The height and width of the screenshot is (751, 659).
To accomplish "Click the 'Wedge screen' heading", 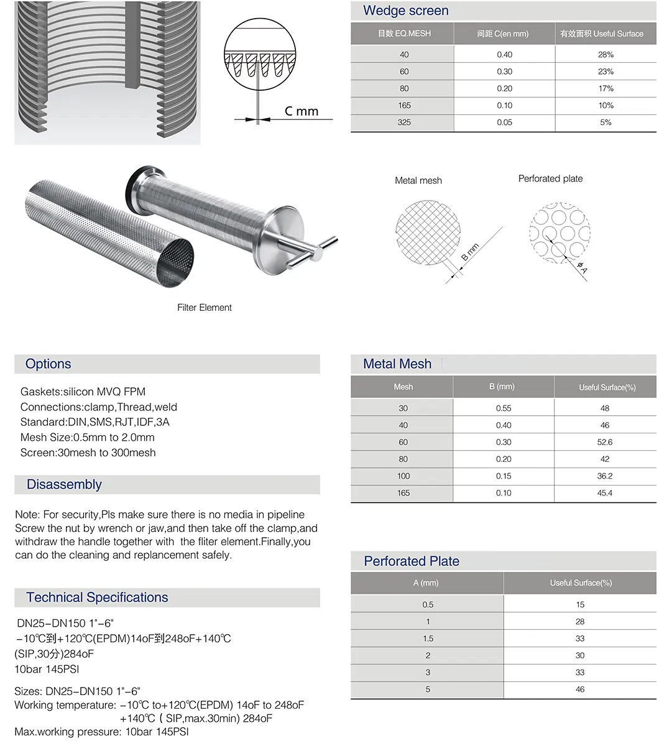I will pyautogui.click(x=405, y=11).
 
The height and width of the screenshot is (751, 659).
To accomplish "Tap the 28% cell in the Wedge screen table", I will pyautogui.click(x=606, y=55).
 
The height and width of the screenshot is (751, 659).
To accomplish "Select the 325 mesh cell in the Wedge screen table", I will pyautogui.click(x=404, y=122).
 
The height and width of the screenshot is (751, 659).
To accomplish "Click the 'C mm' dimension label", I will pyautogui.click(x=302, y=111).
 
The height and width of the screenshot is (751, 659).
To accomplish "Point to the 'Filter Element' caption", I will pyautogui.click(x=204, y=308).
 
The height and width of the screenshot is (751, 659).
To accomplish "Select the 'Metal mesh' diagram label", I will pyautogui.click(x=418, y=181).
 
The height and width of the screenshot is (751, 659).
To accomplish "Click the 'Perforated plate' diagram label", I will pyautogui.click(x=550, y=179).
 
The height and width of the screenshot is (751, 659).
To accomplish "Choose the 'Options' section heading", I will pyautogui.click(x=48, y=364).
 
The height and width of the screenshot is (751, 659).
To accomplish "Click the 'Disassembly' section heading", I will pyautogui.click(x=64, y=485).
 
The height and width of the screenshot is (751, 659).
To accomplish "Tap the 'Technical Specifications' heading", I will pyautogui.click(x=97, y=598).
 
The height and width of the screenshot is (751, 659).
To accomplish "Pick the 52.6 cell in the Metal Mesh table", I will pyautogui.click(x=605, y=443).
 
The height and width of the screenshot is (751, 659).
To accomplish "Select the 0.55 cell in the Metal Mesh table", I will pyautogui.click(x=504, y=408).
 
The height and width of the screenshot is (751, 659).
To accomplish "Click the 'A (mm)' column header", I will pyautogui.click(x=426, y=583).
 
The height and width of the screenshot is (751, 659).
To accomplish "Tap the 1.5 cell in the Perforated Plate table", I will pyautogui.click(x=428, y=639).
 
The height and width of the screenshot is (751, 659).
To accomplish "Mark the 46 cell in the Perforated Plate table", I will pyautogui.click(x=580, y=689).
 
